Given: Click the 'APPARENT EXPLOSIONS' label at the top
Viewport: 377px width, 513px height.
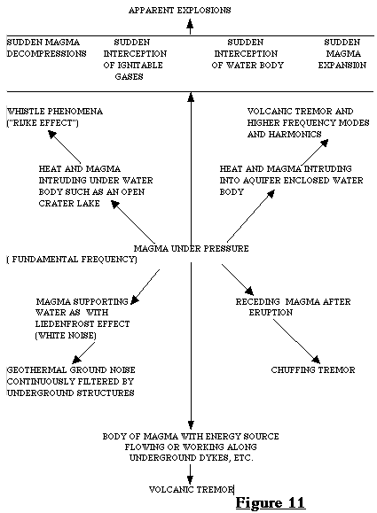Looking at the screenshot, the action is point(179,11).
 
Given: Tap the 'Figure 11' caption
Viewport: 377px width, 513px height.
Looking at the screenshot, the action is point(271,502).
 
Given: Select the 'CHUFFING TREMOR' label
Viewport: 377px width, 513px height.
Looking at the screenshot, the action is point(313,370).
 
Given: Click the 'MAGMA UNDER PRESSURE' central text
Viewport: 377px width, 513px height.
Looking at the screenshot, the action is point(191,249).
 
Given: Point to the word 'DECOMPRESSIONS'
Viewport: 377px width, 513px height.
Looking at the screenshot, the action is point(46,54).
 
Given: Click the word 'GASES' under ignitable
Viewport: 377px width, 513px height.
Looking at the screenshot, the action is point(129,77).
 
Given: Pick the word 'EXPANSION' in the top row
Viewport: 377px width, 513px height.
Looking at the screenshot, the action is point(342,66).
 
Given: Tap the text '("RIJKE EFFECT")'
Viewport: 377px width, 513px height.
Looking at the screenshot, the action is point(43,123).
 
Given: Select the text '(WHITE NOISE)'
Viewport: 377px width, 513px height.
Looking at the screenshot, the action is point(66,336).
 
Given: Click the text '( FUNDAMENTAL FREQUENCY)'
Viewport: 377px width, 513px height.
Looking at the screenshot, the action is point(72,260).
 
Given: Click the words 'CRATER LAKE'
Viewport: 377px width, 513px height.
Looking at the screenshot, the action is point(69,204).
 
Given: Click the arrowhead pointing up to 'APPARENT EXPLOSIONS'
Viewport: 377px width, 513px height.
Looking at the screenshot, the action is point(190,23).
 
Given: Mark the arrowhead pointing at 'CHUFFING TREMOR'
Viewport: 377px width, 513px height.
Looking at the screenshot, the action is point(317,360).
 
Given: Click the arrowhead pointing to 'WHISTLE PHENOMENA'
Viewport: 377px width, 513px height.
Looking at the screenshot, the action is point(51,134).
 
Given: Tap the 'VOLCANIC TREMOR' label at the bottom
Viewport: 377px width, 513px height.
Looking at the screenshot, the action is point(192,490).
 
